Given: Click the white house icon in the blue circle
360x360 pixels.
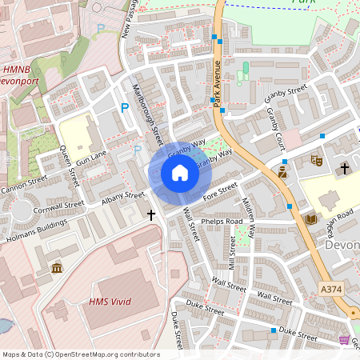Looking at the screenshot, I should (180, 173).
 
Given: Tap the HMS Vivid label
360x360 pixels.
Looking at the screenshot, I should (110, 302).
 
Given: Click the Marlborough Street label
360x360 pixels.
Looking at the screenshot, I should (148, 112).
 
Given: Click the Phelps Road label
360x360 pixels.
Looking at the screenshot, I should (222, 221).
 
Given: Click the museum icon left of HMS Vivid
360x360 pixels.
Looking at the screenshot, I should (57, 267).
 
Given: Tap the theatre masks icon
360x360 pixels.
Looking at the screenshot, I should (316, 160).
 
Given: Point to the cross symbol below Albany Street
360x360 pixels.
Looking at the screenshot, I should (150, 214).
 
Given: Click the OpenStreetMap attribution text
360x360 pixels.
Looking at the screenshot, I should (80, 354).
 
